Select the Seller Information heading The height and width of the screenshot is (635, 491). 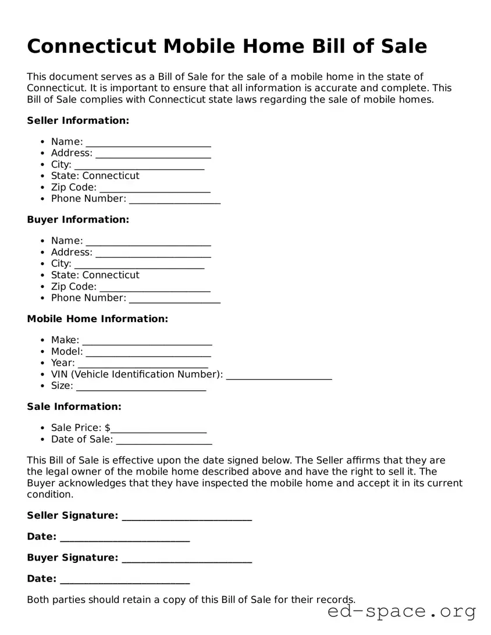[x=78, y=120]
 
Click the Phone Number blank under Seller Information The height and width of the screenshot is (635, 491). [x=175, y=200]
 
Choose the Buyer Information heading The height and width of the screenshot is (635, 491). [x=78, y=219]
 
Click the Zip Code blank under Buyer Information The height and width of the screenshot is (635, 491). [x=155, y=288]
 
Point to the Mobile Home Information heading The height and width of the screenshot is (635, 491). [x=97, y=319]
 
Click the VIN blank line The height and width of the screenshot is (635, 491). [x=279, y=376]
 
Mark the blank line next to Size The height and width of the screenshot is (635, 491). [x=141, y=387]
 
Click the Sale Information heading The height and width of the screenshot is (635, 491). [x=74, y=406]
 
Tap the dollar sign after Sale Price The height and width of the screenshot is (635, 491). [x=108, y=428]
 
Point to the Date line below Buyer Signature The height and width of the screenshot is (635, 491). [x=124, y=580]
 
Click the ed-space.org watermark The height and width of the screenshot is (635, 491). [x=401, y=612]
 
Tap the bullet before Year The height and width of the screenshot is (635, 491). [x=43, y=363]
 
